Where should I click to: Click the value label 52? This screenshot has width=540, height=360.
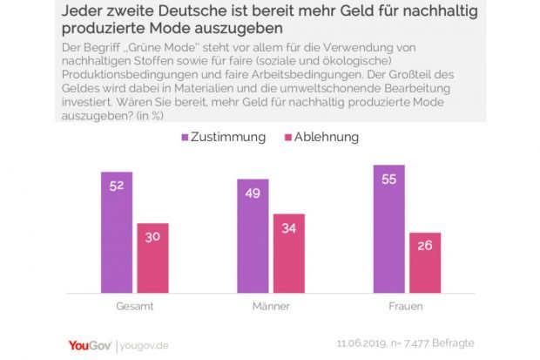coord(115,185)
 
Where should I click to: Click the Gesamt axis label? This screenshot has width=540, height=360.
coord(134,308)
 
